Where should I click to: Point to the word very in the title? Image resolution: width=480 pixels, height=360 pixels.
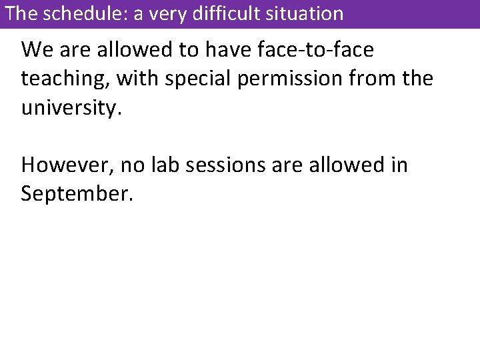pyautogui.click(x=173, y=13)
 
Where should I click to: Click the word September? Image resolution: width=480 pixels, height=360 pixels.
pyautogui.click(x=77, y=194)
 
